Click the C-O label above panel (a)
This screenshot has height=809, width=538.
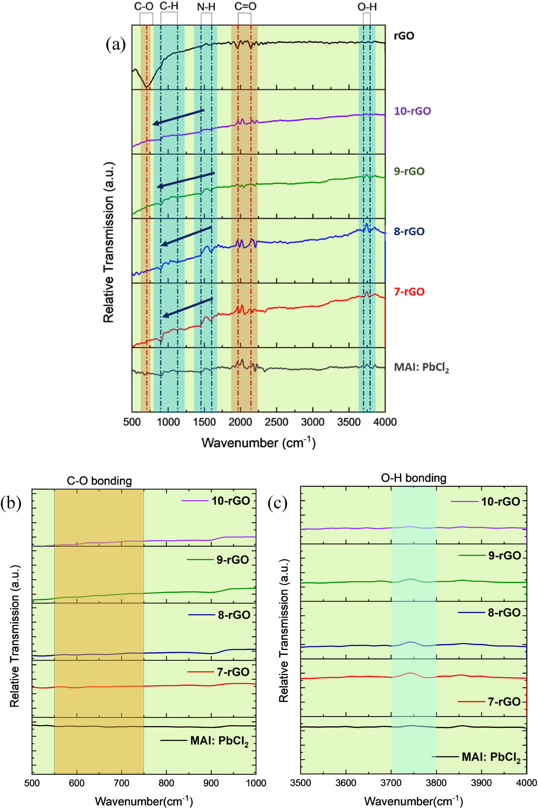point(144,6)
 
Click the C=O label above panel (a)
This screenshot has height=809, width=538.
point(245,6)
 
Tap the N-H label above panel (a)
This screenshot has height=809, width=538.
point(206,6)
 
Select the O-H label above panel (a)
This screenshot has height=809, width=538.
point(367,6)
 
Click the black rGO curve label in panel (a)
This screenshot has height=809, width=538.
point(404,36)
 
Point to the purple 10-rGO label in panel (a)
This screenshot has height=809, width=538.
point(412,111)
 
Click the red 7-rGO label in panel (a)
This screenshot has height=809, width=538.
point(409,292)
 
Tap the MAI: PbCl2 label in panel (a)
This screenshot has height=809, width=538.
point(421,368)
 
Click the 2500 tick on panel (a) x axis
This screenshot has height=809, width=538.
point(277,422)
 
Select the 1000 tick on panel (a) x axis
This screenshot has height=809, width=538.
point(168,422)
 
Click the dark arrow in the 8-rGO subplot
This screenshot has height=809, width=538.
point(186,236)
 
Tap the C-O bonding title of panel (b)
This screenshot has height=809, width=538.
point(99,481)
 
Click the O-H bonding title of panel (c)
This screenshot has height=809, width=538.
point(414,478)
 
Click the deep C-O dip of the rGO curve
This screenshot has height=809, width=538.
point(147,87)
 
